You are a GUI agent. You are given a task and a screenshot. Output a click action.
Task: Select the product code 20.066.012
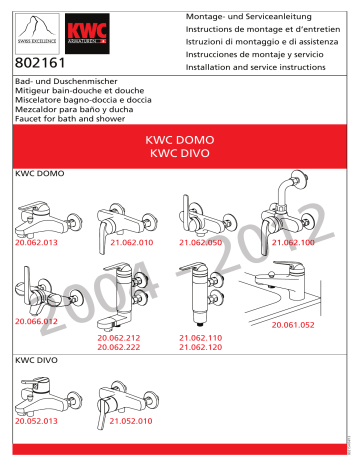coord(37,322)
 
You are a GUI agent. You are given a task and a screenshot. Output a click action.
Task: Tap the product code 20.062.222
coord(119,346)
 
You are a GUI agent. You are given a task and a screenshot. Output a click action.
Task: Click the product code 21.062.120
coord(200,346)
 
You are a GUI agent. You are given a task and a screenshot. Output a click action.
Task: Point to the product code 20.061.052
coord(292,325)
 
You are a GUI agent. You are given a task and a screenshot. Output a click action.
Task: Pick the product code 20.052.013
coord(37,422)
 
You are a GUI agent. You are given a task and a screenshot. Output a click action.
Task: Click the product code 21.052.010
coord(117,422)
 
